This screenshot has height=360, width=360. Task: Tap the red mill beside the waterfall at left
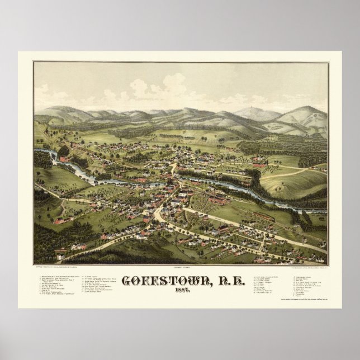[x=63, y=159]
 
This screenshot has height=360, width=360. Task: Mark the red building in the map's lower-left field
[x=60, y=221]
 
